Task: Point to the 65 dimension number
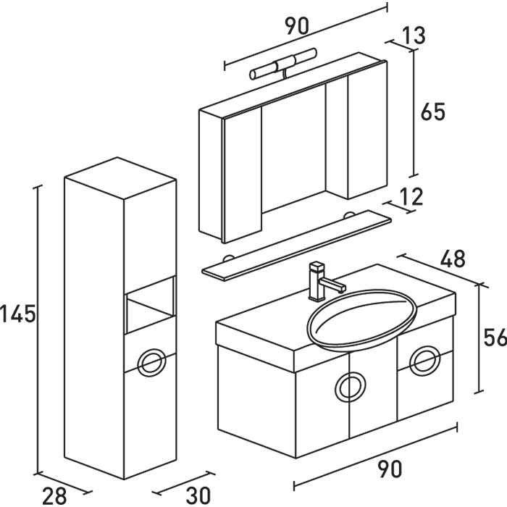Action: coord(432,112)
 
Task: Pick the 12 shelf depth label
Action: coord(410,196)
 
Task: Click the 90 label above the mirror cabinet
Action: coord(296,27)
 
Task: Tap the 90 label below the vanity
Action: coord(389,469)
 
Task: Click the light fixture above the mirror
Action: coord(283,64)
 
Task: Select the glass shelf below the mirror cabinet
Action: coord(297,243)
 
